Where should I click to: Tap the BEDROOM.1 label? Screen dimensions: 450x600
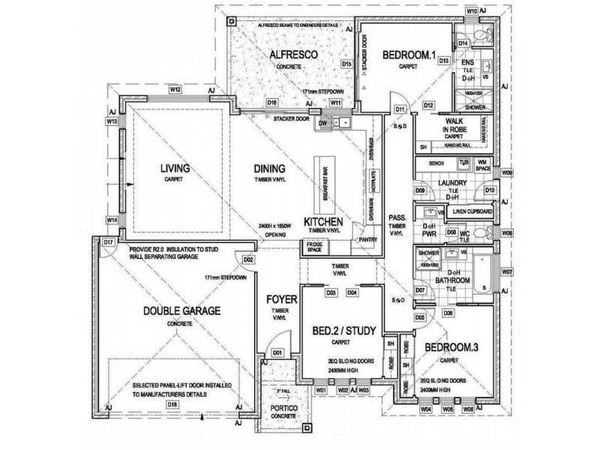coord(409,55)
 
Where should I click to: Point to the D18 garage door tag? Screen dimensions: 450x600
coord(172,405)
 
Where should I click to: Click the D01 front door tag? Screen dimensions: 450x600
coord(276,352)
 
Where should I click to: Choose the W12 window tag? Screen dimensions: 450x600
coord(175,89)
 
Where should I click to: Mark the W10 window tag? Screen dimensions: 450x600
coord(472,11)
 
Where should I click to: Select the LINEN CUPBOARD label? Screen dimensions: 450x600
coord(473,212)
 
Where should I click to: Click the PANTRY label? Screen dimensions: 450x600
coord(367,240)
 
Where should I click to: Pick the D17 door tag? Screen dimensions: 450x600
coord(108,242)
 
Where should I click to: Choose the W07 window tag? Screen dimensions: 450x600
coord(508,271)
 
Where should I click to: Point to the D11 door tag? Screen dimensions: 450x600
coord(400,110)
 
